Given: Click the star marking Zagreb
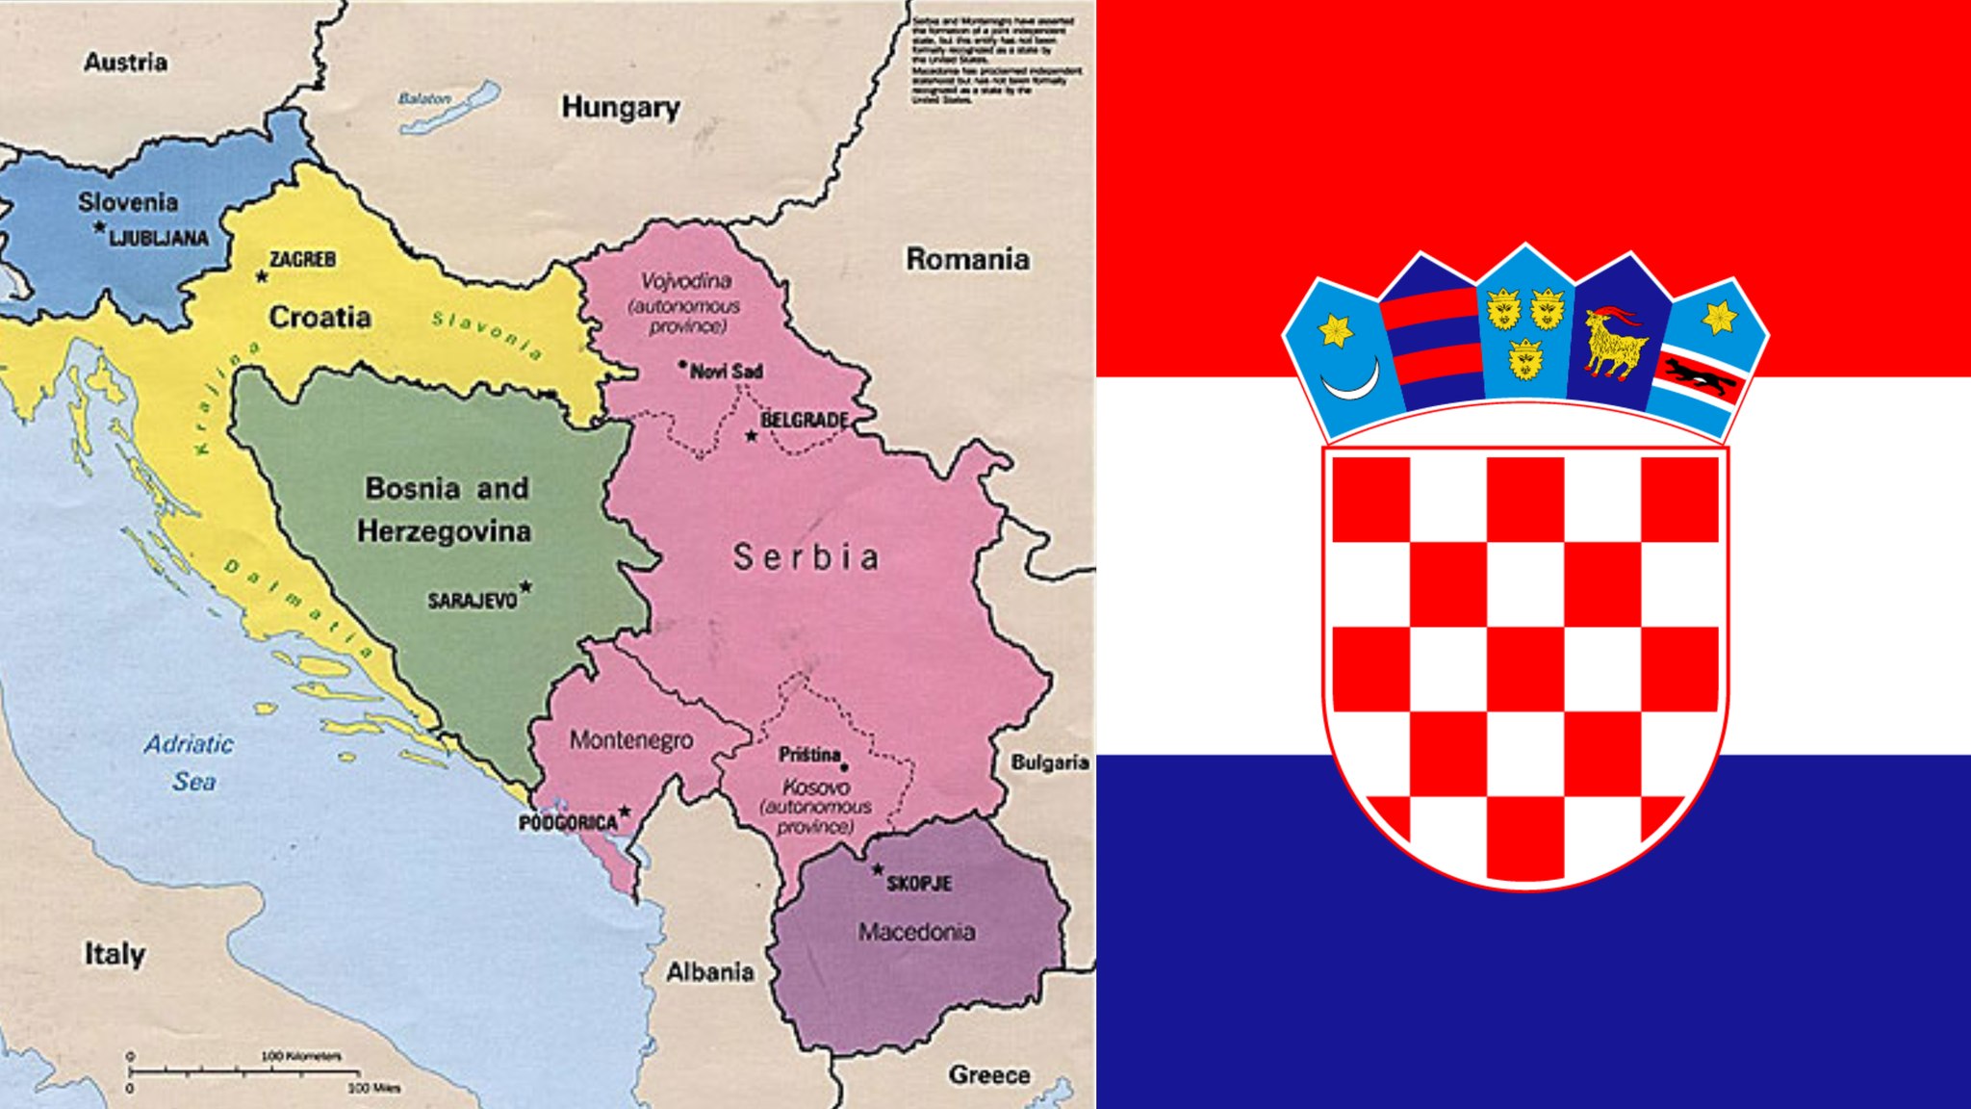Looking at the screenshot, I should [x=262, y=277].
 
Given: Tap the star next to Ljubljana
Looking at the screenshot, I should [x=100, y=228].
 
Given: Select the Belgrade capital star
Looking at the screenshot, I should [x=752, y=436].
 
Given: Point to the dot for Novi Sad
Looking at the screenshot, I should [x=682, y=366].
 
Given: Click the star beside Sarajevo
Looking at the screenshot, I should [x=525, y=586].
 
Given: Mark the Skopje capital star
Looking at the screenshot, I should [x=878, y=870].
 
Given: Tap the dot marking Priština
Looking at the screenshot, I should [x=844, y=767].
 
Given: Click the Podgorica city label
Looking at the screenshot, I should [x=568, y=823].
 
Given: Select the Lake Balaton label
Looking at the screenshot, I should [x=424, y=99].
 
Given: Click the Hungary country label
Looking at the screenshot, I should [x=621, y=107].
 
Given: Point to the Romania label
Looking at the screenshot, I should [x=967, y=259].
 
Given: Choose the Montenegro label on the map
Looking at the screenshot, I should [x=631, y=739].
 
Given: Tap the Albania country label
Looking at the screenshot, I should [x=710, y=972].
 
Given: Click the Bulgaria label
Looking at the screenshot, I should [x=1050, y=762].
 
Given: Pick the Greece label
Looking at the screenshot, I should [x=989, y=1075].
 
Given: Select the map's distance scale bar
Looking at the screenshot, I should [x=245, y=1070].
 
